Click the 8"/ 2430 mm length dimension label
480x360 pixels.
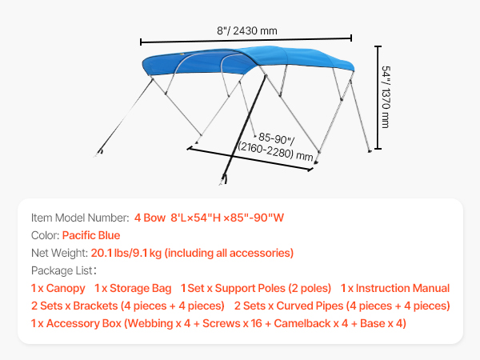[x=247, y=30]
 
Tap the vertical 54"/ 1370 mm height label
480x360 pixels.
[x=386, y=97]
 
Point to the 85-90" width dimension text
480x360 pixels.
[x=277, y=138]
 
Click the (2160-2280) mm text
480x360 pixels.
[x=275, y=151]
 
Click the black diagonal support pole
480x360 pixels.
[x=244, y=129]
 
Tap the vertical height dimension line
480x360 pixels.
[x=378, y=98]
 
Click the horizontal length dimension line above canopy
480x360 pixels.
[x=246, y=40]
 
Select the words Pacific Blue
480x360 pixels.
[x=91, y=235]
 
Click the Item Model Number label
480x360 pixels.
[x=80, y=218]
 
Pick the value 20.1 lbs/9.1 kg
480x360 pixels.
[x=126, y=253]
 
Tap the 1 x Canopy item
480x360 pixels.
[x=58, y=288]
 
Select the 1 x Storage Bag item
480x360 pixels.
[x=133, y=288]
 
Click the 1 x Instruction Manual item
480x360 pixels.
[x=395, y=288]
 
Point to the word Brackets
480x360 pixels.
[x=95, y=306]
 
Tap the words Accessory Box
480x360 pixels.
[x=84, y=323]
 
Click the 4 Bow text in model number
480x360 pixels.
[x=150, y=218]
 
